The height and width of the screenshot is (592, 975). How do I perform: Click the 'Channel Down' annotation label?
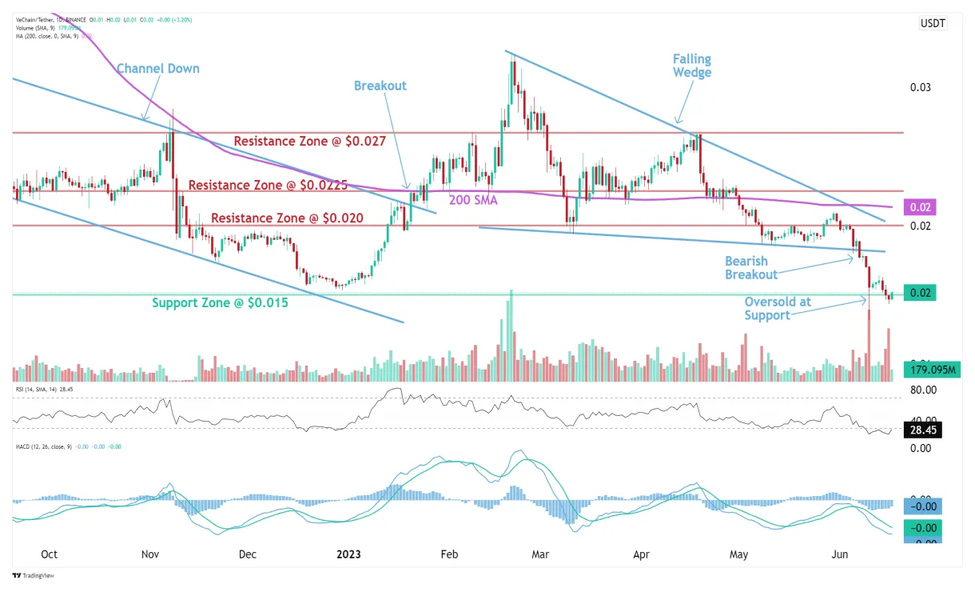(158, 69)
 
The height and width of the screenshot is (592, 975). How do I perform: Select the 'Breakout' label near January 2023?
(380, 86)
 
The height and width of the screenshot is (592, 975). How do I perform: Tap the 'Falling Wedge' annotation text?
(691, 66)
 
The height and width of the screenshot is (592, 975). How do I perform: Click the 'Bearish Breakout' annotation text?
(750, 268)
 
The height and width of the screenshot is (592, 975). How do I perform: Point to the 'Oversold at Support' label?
(778, 308)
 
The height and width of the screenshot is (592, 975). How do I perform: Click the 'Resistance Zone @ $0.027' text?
(309, 142)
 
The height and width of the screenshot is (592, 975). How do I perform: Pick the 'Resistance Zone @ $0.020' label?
(287, 218)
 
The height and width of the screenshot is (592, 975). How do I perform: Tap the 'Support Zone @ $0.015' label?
(220, 303)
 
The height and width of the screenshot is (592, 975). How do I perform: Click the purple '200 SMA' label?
(473, 200)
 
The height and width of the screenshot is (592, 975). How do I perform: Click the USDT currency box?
(932, 23)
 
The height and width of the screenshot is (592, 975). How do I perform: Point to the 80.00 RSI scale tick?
(923, 390)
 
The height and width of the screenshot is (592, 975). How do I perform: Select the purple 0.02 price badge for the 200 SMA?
(919, 207)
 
